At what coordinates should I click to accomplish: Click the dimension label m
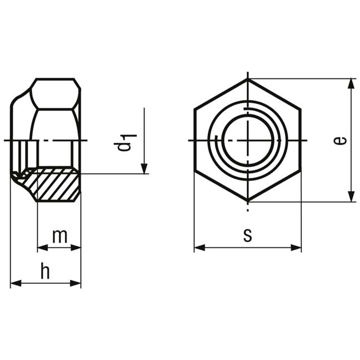point(59,236)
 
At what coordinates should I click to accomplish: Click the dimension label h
point(45,271)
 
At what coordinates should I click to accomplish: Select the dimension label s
point(248,236)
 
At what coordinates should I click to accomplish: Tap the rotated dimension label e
point(339,141)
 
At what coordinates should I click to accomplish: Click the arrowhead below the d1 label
point(144,169)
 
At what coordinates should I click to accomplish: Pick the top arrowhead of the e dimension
point(351,83)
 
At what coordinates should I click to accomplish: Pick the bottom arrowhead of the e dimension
point(351,197)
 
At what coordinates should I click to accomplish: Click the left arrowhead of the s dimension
point(199,248)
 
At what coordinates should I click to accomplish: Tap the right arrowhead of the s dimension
point(296,248)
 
